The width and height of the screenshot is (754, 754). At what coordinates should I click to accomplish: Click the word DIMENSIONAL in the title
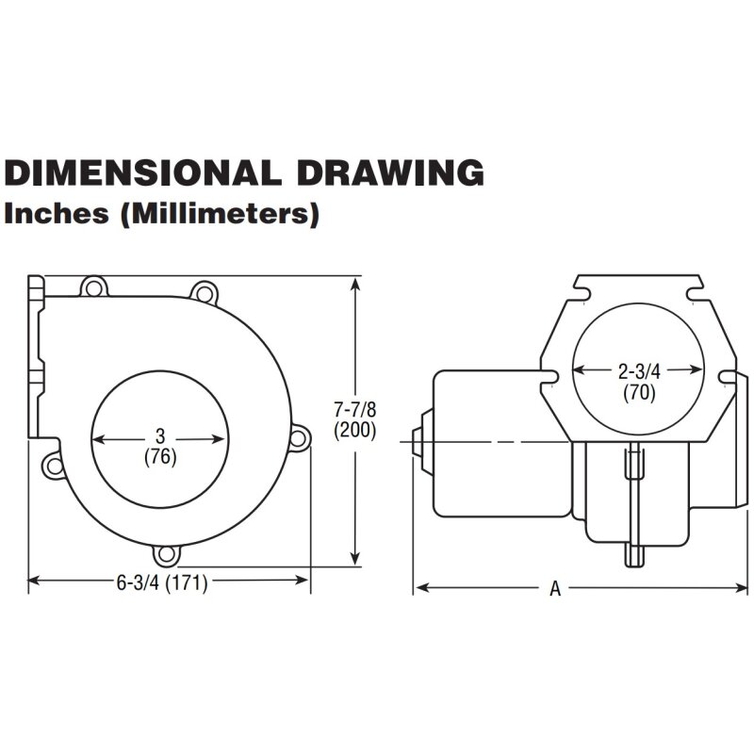tap(142, 172)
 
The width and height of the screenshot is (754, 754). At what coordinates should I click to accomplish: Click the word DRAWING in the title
tap(390, 172)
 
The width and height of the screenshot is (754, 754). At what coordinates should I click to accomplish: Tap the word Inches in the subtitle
tap(57, 213)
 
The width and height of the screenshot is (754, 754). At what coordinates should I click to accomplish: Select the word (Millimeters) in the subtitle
tap(220, 215)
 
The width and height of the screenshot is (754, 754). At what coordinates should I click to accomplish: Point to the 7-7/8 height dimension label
tap(355, 410)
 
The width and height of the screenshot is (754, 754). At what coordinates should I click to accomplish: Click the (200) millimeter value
tap(355, 430)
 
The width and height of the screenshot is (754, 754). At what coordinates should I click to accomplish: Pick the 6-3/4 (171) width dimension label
tap(162, 582)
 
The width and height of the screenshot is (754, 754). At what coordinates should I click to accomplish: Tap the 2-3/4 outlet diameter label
tap(640, 371)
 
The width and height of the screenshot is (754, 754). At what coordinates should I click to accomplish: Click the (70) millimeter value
tap(640, 392)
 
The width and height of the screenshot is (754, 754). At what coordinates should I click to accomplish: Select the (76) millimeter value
tap(160, 457)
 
